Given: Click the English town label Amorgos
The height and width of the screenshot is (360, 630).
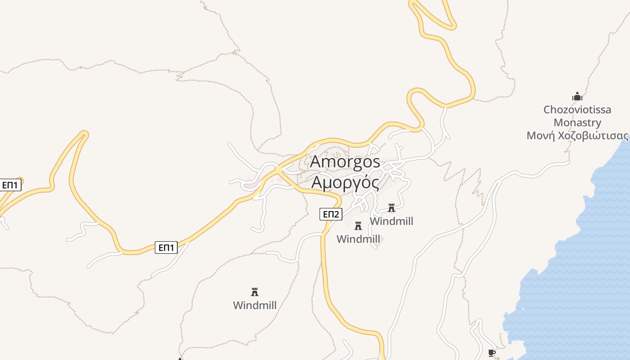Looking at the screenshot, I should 345,162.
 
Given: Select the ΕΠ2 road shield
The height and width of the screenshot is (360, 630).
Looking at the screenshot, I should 331,214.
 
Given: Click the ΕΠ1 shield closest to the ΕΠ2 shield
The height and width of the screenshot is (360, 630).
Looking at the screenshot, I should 166,247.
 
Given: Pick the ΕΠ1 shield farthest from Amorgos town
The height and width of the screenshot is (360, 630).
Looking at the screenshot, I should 9,185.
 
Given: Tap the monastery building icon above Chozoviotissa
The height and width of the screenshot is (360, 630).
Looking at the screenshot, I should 577,96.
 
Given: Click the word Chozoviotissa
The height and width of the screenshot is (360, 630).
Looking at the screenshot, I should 577,109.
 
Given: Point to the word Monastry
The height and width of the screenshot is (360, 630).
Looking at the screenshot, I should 577,122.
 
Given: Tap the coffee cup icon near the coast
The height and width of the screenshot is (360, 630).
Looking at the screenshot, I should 492,353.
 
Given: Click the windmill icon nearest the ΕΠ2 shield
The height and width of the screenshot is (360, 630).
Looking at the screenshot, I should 358,225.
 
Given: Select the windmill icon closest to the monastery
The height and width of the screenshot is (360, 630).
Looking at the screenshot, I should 391,208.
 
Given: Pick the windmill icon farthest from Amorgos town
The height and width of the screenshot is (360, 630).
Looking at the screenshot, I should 255,292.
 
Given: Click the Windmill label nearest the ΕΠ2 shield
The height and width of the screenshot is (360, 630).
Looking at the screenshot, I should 358,239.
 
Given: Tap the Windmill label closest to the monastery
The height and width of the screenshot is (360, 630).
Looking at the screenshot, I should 391,221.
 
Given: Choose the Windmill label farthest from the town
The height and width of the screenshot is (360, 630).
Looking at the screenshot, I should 255,305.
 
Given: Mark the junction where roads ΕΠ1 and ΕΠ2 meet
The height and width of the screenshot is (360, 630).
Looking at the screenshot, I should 279,170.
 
